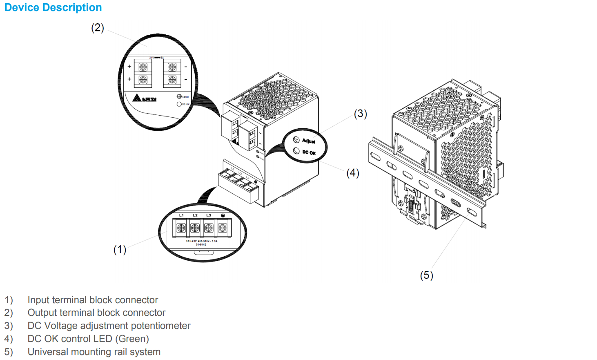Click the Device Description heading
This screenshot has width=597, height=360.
[x=53, y=8]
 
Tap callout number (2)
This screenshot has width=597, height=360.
[x=98, y=28]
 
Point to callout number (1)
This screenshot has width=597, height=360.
[x=120, y=250]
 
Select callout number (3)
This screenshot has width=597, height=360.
[x=360, y=114]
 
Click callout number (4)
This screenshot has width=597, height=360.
[x=352, y=173]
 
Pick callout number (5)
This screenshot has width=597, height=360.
[x=426, y=275]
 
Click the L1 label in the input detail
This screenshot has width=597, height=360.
[x=181, y=215]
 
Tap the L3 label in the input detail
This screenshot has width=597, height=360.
[x=209, y=215]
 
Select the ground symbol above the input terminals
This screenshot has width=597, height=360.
[x=223, y=215]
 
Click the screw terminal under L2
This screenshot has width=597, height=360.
[x=195, y=228]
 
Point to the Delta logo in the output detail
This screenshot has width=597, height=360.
[x=145, y=98]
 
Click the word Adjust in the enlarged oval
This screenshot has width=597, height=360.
[x=309, y=141]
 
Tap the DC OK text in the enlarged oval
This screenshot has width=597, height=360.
[x=309, y=152]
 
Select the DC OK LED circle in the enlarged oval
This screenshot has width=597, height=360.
[x=296, y=151]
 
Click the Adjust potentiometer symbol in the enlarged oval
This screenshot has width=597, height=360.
[x=296, y=140]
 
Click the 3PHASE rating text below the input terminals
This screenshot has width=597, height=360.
[x=202, y=241]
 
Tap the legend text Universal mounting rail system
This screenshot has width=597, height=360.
[x=94, y=352]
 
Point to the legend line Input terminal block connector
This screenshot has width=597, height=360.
[x=93, y=300]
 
